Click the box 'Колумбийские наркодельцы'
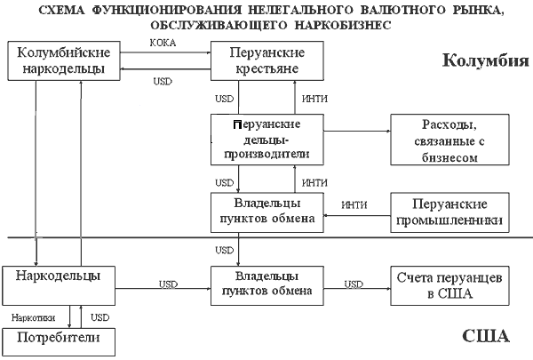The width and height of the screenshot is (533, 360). [x=57, y=60]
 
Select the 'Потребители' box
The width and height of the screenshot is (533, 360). [x=56, y=339]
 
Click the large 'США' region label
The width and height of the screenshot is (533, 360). [x=486, y=337]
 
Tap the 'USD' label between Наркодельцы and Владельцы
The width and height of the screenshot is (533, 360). [x=169, y=284]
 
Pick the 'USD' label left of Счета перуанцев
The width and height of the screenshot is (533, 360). [x=354, y=284]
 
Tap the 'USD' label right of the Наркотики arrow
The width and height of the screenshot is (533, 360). [x=100, y=316]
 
